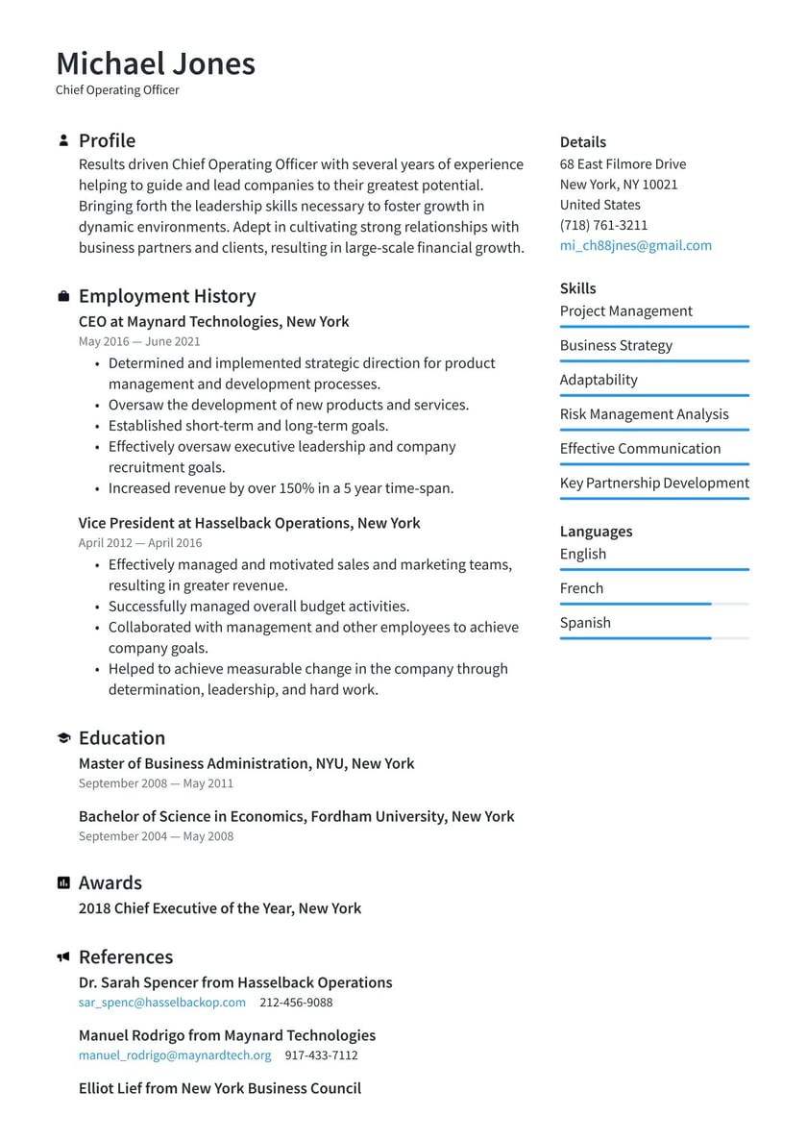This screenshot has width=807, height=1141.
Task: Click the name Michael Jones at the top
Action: tap(156, 63)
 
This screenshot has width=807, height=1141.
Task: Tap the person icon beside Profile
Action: tap(63, 140)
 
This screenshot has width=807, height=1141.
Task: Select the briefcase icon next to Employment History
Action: tap(63, 296)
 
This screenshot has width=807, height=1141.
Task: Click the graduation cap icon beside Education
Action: tap(63, 738)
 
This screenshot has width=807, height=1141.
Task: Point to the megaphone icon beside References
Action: tap(63, 957)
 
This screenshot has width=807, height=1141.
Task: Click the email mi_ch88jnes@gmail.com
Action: tap(635, 245)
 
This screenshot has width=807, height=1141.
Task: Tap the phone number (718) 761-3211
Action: tap(603, 225)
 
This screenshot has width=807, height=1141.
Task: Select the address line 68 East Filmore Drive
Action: tap(623, 164)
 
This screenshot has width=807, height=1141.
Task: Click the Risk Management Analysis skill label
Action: tap(644, 414)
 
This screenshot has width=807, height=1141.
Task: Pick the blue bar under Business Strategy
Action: tap(653, 361)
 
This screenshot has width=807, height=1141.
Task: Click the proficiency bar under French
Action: tap(653, 604)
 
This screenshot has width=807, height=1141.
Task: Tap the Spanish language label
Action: tap(585, 623)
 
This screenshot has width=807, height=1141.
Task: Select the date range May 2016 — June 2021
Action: tap(139, 341)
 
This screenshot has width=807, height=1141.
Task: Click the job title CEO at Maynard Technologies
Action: tap(213, 322)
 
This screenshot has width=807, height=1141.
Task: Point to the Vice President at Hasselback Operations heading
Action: tap(249, 523)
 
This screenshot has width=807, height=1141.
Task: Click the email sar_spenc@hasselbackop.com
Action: tap(161, 1002)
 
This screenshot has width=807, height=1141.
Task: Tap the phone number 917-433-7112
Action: tap(321, 1054)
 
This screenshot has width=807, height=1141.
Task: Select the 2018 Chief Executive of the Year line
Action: tap(219, 908)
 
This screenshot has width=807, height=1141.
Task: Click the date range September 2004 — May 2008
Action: tap(156, 836)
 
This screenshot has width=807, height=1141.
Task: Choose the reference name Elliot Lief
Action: tap(219, 1088)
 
